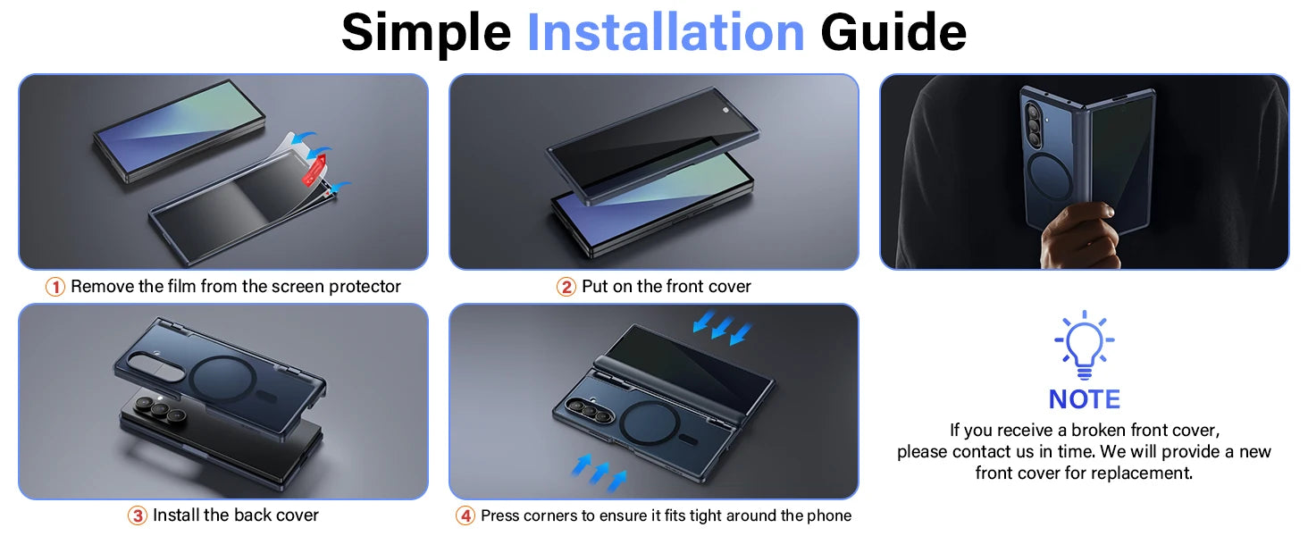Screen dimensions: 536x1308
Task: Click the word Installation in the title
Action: pyautogui.click(x=666, y=33)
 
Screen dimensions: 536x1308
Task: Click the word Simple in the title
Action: pyautogui.click(x=426, y=33)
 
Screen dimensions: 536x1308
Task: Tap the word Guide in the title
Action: pyautogui.click(x=893, y=33)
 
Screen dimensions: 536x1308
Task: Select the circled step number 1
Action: pyautogui.click(x=55, y=287)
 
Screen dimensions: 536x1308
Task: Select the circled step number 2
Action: pyautogui.click(x=566, y=287)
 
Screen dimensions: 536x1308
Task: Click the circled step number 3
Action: pyautogui.click(x=138, y=515)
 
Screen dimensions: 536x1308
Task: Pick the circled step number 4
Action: pyautogui.click(x=465, y=515)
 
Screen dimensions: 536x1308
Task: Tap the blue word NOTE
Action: pyautogui.click(x=1084, y=399)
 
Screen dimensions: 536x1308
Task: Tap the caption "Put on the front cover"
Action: pyautogui.click(x=667, y=287)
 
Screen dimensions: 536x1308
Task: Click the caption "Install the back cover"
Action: pyautogui.click(x=236, y=515)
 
